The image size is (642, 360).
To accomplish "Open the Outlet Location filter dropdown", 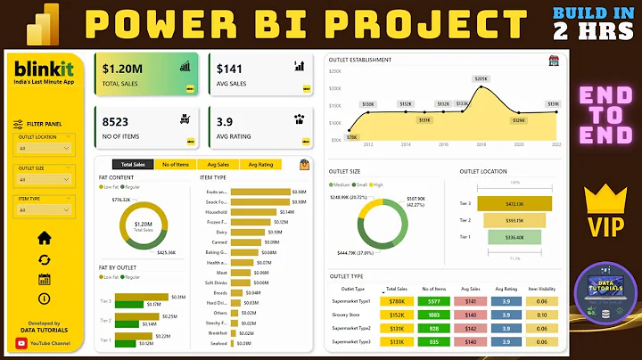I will [44, 149].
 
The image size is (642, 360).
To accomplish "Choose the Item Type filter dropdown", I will [44, 210].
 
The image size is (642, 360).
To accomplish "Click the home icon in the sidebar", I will [44, 238].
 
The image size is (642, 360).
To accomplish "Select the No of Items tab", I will [177, 165].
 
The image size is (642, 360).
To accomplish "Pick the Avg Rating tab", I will [261, 165].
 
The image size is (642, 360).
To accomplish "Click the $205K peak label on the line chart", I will [481, 79].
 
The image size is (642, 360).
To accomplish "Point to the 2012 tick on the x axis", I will [367, 143].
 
